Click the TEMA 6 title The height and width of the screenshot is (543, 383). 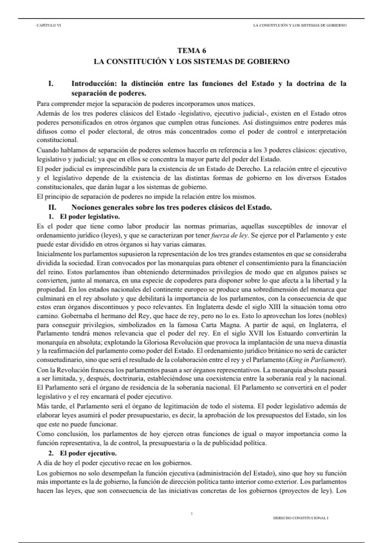[x=191, y=50]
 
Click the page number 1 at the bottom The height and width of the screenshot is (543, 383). [x=191, y=513]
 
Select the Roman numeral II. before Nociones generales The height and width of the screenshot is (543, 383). [x=52, y=207]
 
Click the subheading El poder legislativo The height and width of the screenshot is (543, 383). [x=90, y=217]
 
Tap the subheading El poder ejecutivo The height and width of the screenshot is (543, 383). [x=88, y=453]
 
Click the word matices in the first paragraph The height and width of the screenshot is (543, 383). [x=244, y=104]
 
